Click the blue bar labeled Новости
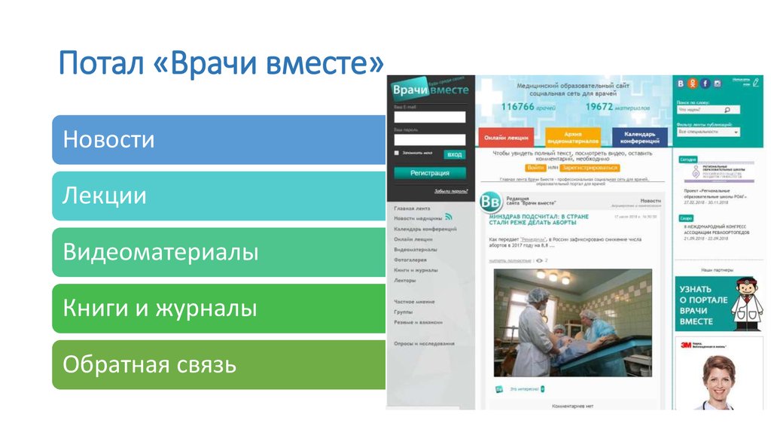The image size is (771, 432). [x=218, y=139]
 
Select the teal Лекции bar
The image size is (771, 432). [x=218, y=196]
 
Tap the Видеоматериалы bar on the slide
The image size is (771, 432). [x=218, y=252]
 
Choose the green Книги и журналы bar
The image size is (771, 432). [x=218, y=309]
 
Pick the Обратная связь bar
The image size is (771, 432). [x=218, y=365]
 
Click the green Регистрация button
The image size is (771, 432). [x=429, y=172]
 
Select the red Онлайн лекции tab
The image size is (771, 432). [x=505, y=138]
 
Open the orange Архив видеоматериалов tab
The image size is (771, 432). [x=572, y=138]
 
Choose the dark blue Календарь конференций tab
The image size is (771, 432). [x=639, y=138]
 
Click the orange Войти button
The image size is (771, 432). [x=535, y=168]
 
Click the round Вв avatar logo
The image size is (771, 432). [x=490, y=203]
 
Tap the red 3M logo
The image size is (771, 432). [x=686, y=345]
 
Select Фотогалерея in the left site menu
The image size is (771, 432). [x=411, y=260]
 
